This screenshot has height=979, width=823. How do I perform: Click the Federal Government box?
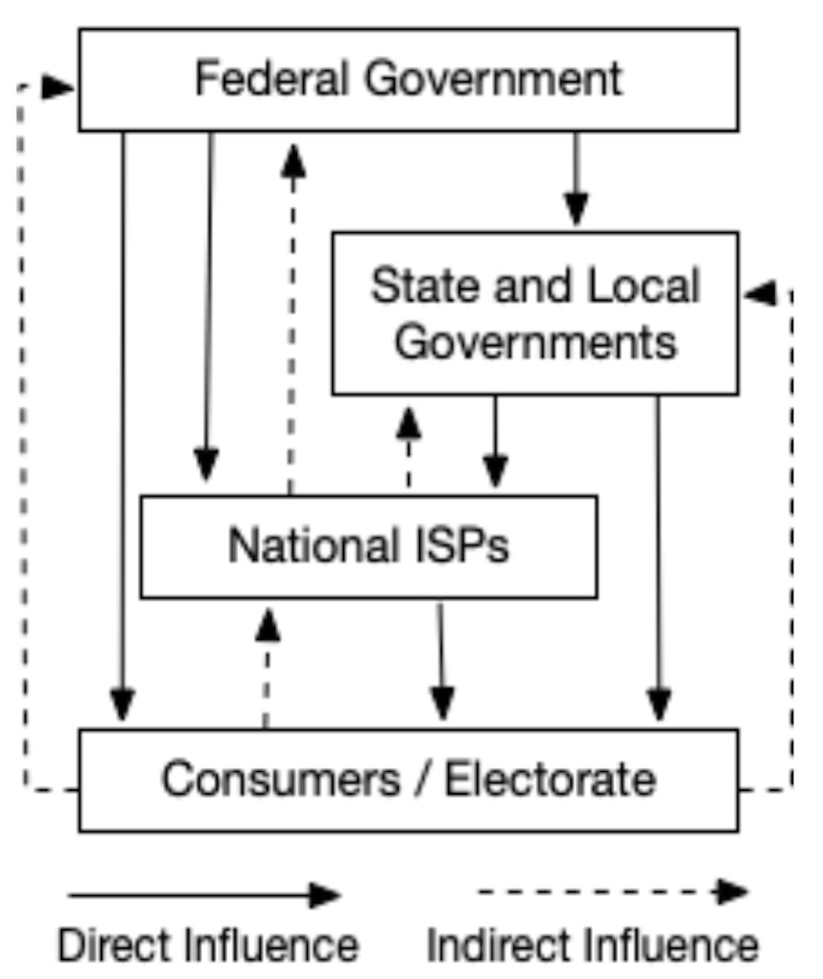pos(408,80)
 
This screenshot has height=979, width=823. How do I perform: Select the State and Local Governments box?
pos(535,313)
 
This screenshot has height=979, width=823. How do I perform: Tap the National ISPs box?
pos(369,546)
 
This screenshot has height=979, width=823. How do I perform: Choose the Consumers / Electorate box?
pos(408,780)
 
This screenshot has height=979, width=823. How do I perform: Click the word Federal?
pos(271,78)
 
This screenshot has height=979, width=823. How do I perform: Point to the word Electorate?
pos(550,779)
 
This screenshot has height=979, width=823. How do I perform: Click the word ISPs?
pos(466,545)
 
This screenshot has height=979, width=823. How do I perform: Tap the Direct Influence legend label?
pos(208,945)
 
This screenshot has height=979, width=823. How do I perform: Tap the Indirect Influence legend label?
pos(592,945)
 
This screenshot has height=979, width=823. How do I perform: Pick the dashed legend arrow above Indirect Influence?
pos(613,891)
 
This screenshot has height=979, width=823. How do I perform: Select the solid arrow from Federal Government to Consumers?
pos(123,427)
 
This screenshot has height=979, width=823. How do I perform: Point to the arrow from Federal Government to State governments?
pos(576,180)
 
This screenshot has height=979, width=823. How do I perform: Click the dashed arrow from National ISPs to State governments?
pos(409,450)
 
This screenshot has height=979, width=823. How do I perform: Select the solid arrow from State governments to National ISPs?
pos(495,442)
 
